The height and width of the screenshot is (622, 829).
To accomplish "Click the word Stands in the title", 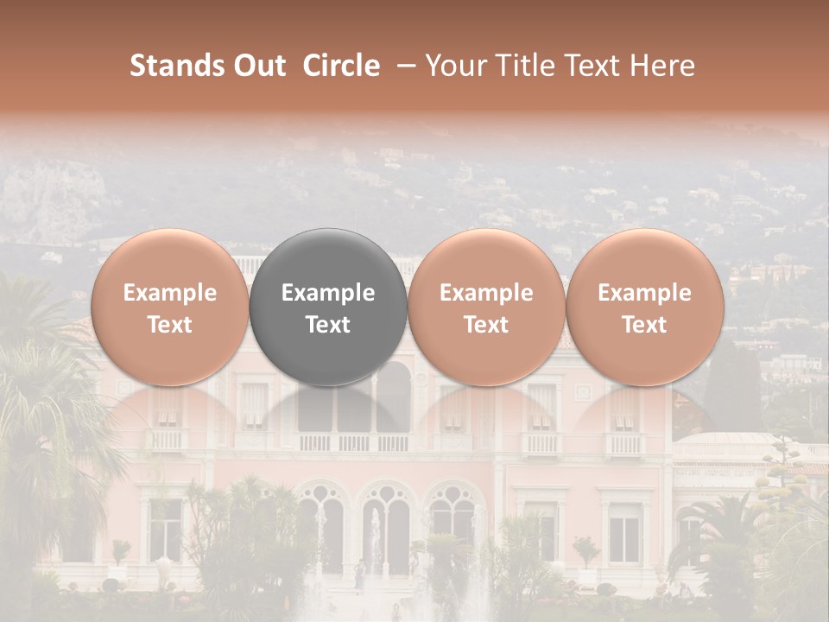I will (x=178, y=66).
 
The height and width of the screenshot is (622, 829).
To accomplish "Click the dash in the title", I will (x=402, y=66).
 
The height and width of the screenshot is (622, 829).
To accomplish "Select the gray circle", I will (x=328, y=307).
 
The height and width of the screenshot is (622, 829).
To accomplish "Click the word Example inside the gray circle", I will (x=328, y=293).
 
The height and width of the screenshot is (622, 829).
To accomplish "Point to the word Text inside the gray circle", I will (x=328, y=325).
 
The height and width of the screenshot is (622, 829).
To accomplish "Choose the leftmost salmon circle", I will (x=170, y=307).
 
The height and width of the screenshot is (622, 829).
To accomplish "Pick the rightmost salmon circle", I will (x=645, y=307).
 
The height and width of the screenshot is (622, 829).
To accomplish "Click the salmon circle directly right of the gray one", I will (x=486, y=307).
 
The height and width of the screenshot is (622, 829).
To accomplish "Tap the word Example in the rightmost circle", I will (x=645, y=293).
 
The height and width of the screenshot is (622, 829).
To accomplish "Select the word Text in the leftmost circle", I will (x=170, y=325).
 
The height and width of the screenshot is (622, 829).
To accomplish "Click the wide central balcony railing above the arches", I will (x=354, y=442).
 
